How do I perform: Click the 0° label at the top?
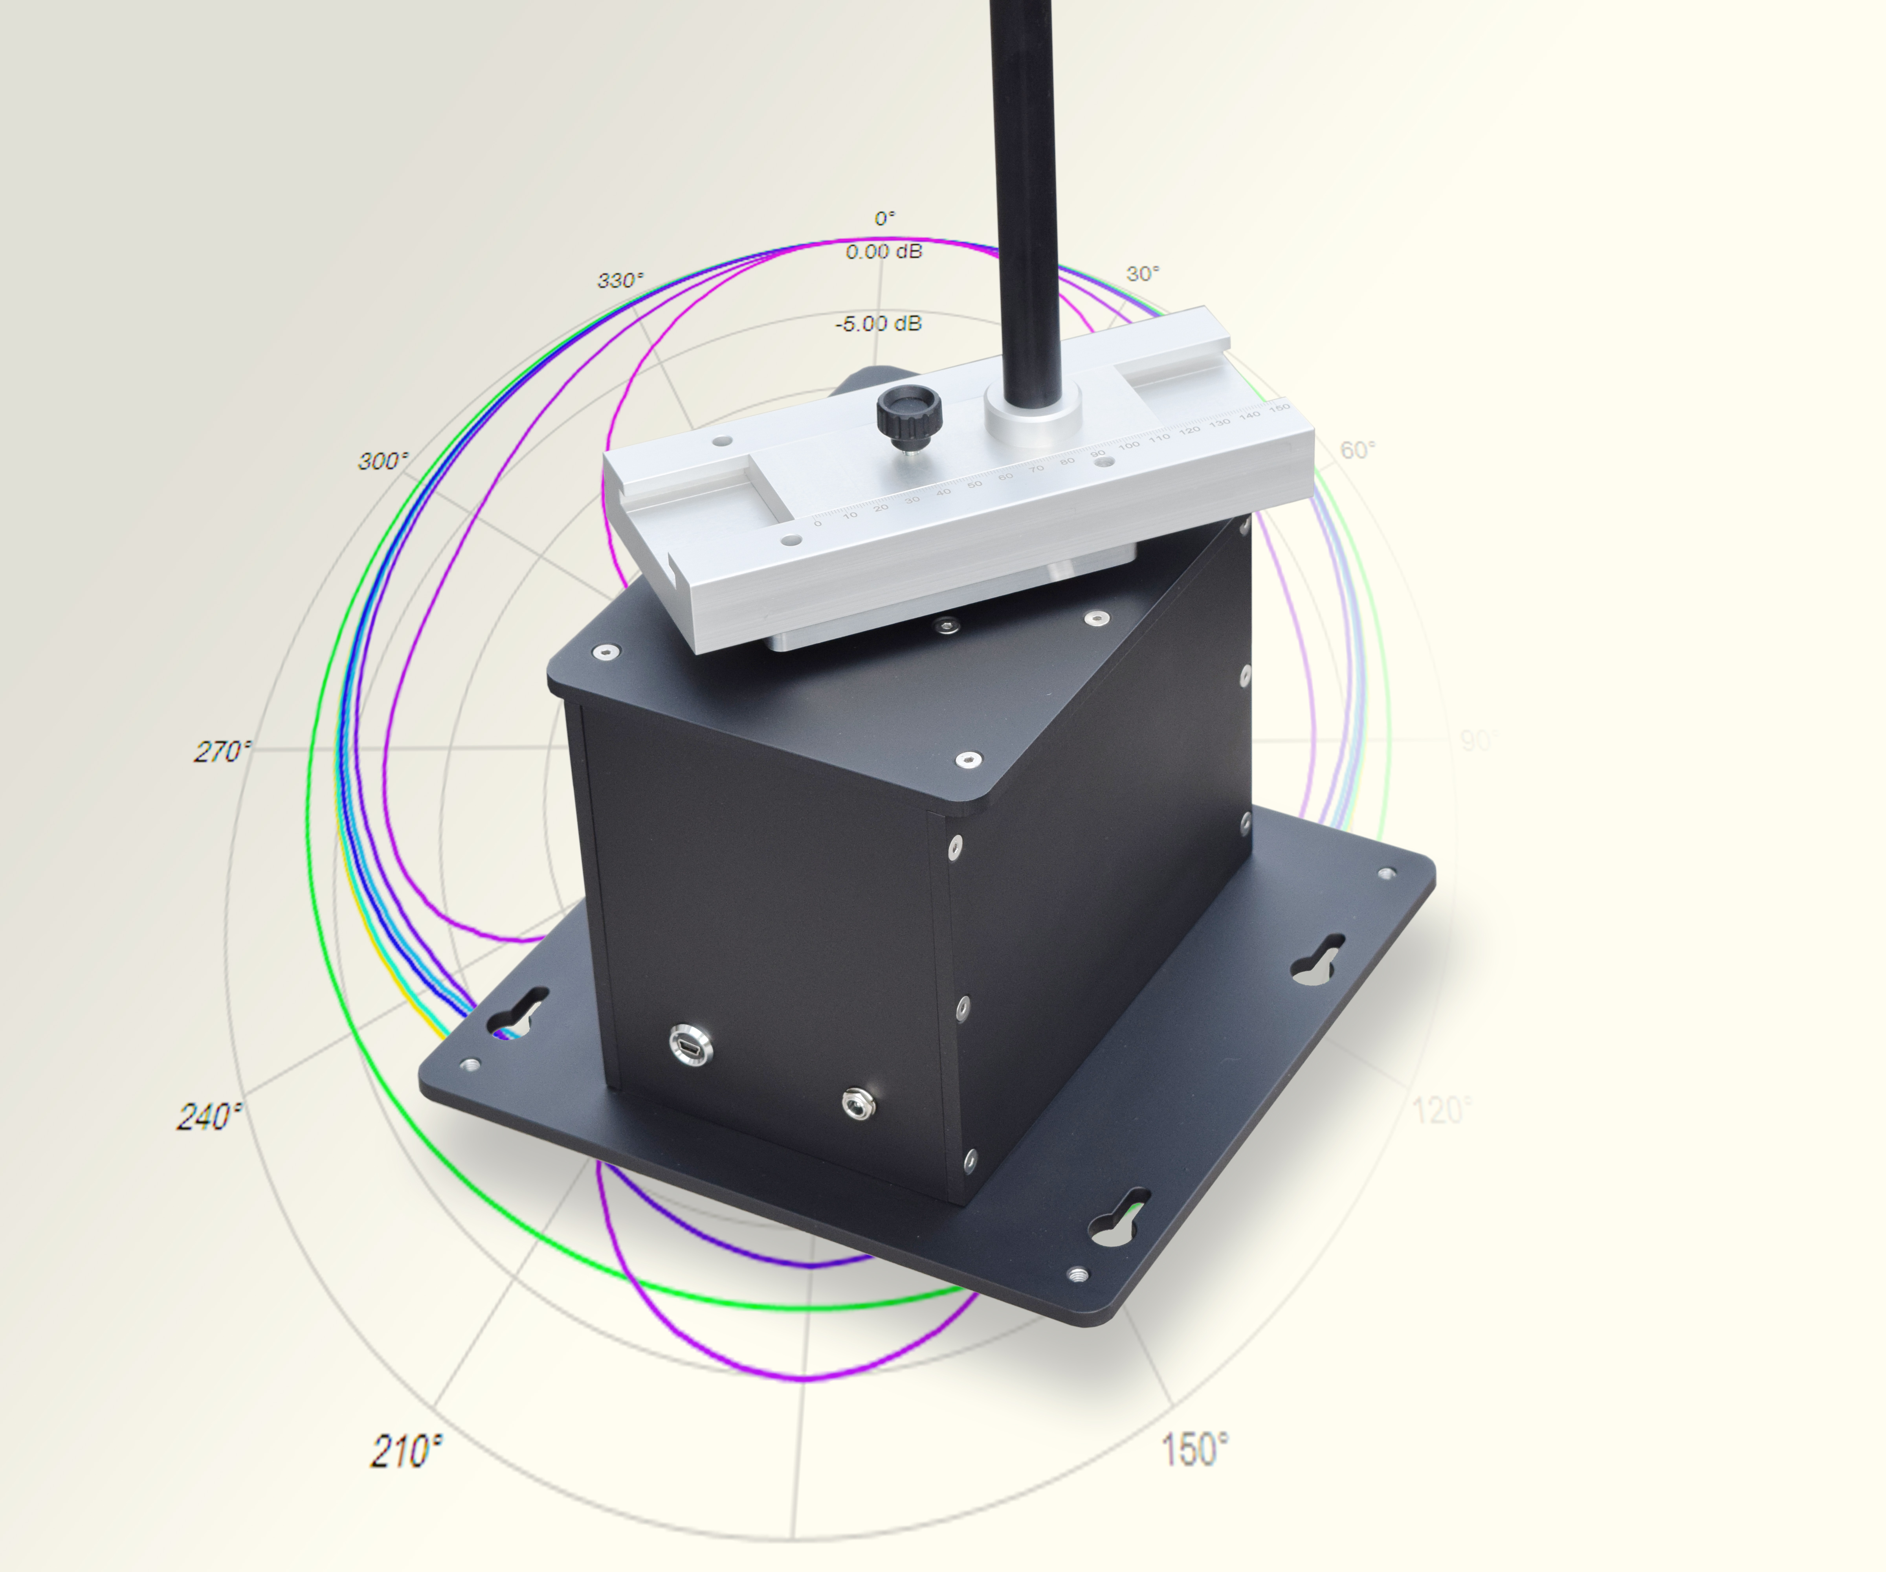pos(884,218)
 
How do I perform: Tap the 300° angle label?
pos(383,462)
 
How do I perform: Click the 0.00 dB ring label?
pos(884,252)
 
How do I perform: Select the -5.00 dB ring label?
pos(878,323)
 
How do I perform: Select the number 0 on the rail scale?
pos(817,523)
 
